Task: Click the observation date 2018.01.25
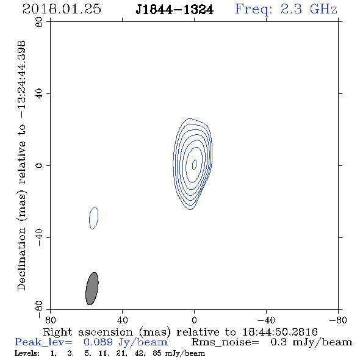62,9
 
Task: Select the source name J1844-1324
175,10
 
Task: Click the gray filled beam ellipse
92,289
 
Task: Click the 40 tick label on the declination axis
39,94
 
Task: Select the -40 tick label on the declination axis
39,237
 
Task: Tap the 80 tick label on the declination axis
39,22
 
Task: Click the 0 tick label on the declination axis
39,165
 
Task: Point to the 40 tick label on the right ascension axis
122,320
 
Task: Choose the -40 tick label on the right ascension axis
266,320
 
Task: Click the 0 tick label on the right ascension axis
194,320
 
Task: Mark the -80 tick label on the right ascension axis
338,320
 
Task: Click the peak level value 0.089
98,342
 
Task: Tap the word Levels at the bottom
27,353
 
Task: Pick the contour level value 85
157,353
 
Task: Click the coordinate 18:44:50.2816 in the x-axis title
280,332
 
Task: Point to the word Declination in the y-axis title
22,259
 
